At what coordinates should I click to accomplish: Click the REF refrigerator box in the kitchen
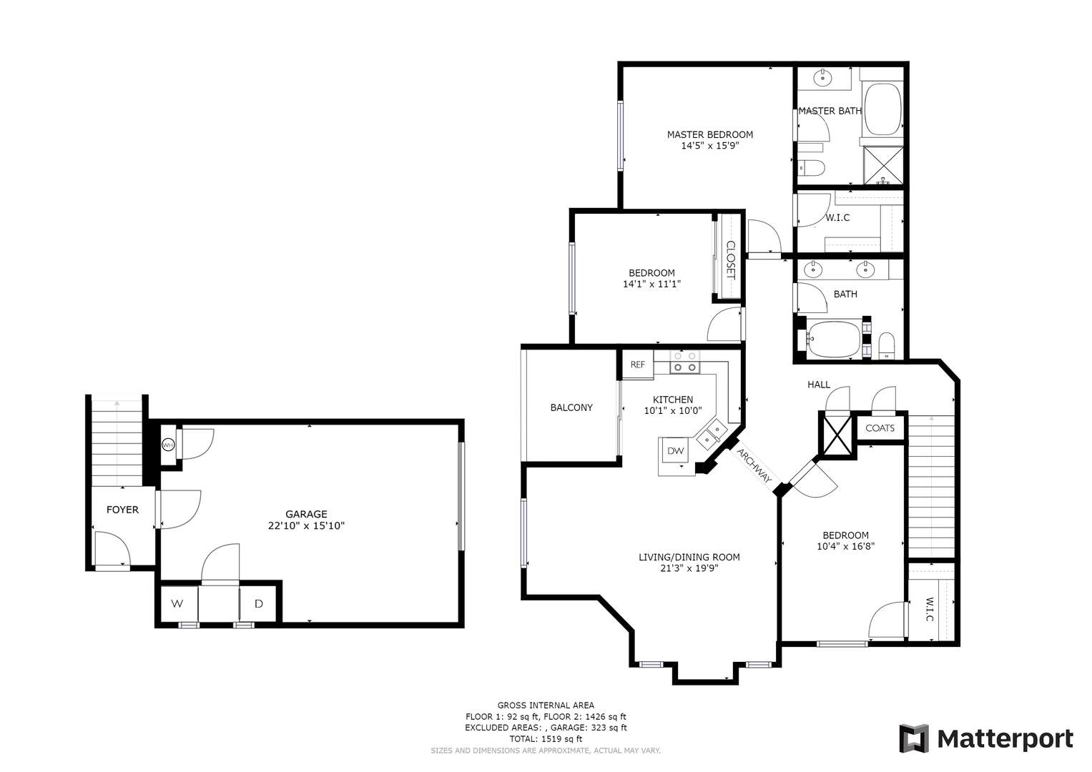pyautogui.click(x=637, y=365)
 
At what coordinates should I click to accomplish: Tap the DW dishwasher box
pyautogui.click(x=675, y=451)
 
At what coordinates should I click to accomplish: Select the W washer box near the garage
pyautogui.click(x=177, y=604)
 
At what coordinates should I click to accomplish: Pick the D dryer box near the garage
pyautogui.click(x=259, y=604)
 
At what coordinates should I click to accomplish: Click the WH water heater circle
pyautogui.click(x=168, y=445)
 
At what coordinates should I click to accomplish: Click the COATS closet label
pyautogui.click(x=880, y=428)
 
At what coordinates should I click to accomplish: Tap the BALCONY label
pyautogui.click(x=571, y=407)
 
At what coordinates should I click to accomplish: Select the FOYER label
pyautogui.click(x=122, y=510)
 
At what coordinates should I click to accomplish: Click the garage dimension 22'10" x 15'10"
pyautogui.click(x=306, y=525)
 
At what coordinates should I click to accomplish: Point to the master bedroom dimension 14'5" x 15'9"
pyautogui.click(x=709, y=145)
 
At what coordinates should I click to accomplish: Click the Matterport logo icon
pyautogui.click(x=913, y=738)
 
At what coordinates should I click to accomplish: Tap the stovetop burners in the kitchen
pyautogui.click(x=684, y=362)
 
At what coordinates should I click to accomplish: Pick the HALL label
pyautogui.click(x=819, y=385)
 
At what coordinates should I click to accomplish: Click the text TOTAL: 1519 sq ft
pyautogui.click(x=546, y=738)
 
